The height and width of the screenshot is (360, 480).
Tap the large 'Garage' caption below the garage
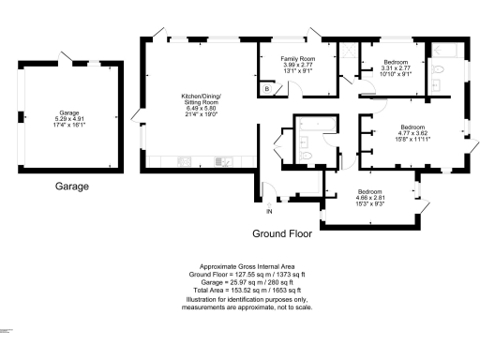coord(71,186)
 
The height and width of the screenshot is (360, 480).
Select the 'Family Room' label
coord(298,59)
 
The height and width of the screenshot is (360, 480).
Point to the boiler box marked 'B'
coord(266,88)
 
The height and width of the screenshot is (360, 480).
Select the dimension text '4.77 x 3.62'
coord(413,132)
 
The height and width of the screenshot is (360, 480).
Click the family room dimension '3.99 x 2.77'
coord(298,66)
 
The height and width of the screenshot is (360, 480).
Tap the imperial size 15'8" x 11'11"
coord(413,139)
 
